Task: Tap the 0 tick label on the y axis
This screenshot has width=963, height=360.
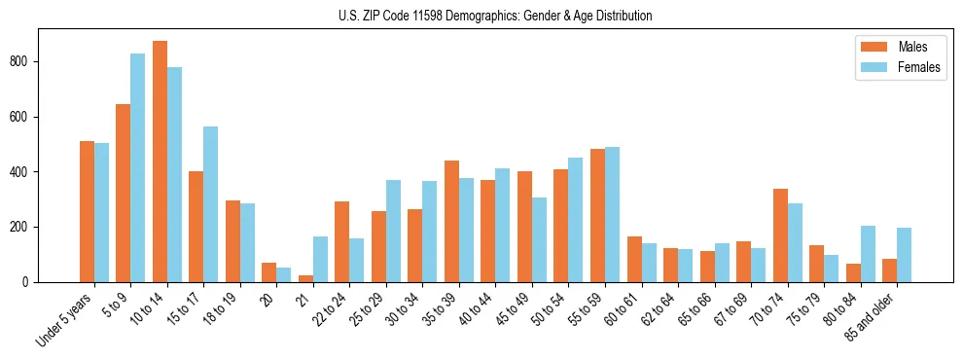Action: (28, 282)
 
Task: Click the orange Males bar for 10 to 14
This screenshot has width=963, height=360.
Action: (160, 162)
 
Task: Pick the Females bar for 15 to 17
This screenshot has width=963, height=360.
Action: (211, 204)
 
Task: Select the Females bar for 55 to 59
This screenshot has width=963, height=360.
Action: (612, 214)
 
